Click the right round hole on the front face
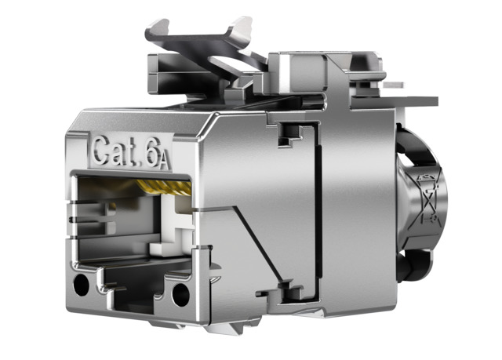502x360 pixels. point(180,295)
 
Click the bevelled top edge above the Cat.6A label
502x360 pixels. point(141,118)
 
